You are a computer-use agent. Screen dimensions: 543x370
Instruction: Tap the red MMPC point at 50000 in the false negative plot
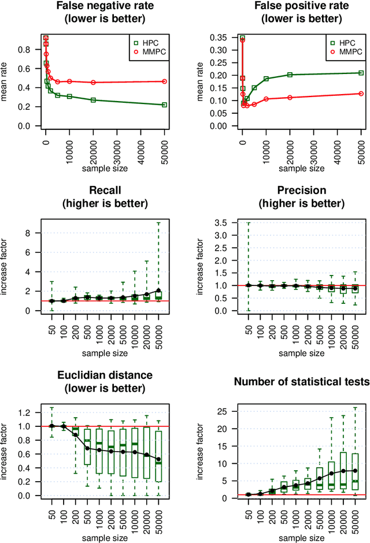165,81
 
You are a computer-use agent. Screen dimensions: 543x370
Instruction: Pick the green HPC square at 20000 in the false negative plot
94,100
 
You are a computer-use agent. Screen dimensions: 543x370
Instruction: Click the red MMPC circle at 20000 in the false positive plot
290,97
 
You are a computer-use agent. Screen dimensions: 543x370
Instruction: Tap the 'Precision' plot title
301,190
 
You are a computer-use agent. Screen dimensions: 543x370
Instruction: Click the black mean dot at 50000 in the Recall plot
159,291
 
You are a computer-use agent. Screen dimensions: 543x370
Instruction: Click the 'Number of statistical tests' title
301,382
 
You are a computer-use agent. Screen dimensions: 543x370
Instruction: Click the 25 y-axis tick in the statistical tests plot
223,411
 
